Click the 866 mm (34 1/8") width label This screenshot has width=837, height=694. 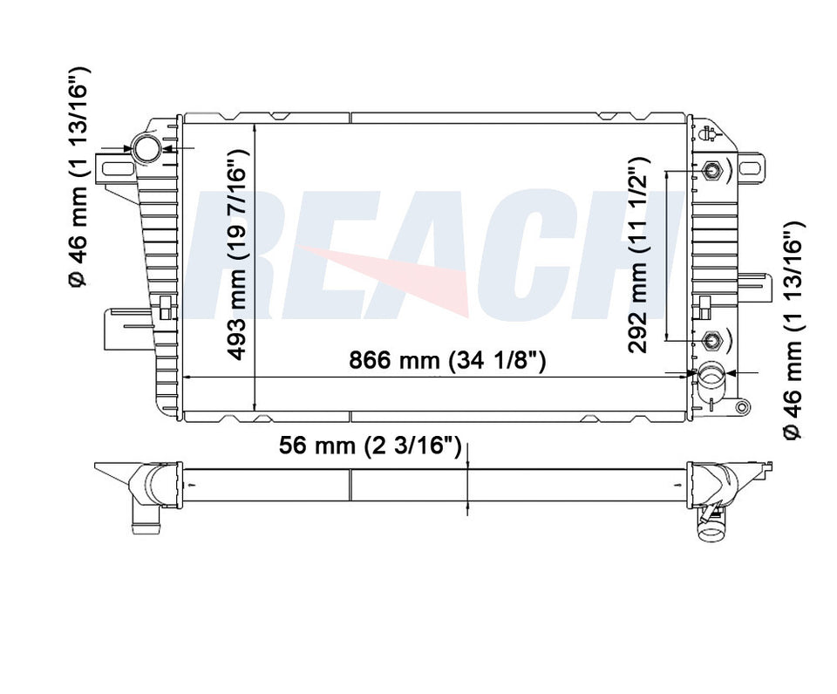(x=447, y=360)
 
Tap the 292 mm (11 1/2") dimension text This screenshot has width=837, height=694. (x=638, y=255)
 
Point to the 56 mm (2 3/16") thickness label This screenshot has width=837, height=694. (x=370, y=446)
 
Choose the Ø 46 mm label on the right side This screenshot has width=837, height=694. (x=792, y=331)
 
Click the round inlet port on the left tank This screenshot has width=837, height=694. (x=146, y=150)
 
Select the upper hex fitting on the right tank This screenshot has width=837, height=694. (x=709, y=170)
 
